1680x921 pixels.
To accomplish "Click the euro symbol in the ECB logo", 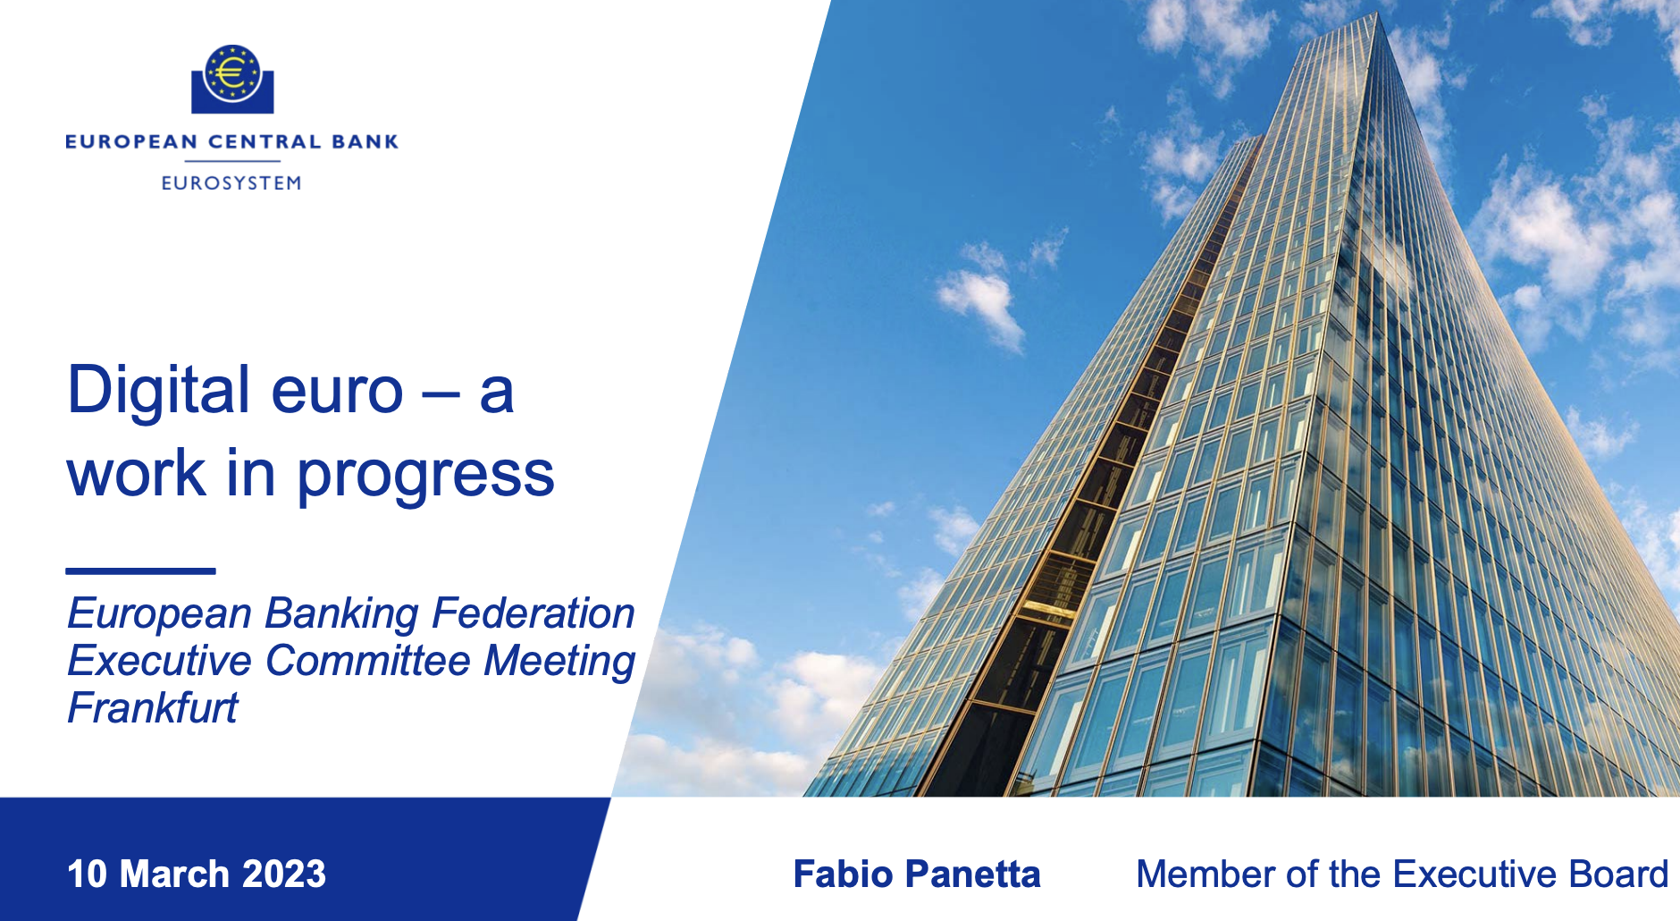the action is click(x=231, y=72).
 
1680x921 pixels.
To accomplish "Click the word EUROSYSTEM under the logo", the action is click(x=231, y=183).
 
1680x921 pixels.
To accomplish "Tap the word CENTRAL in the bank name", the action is click(x=265, y=141).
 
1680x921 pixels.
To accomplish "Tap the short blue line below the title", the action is click(x=141, y=570).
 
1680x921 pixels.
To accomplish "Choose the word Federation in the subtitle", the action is click(x=533, y=613).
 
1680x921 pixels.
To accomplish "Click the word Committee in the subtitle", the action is click(x=368, y=661).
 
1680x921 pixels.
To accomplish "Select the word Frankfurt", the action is click(x=153, y=708).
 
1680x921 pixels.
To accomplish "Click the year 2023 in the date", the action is click(x=284, y=875).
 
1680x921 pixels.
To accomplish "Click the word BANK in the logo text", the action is click(x=365, y=141).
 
